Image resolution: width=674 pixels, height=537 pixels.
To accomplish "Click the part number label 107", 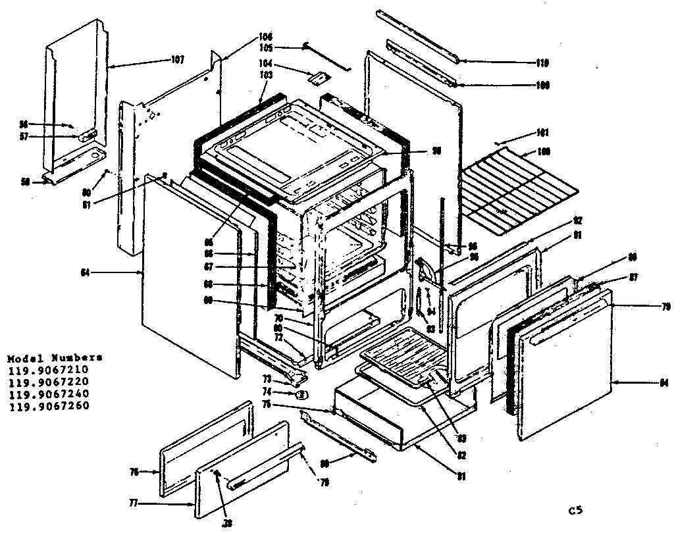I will (177, 60).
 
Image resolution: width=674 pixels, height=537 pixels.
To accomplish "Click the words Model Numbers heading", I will (55, 359).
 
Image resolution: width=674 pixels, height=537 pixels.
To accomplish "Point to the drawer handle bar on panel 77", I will (242, 484).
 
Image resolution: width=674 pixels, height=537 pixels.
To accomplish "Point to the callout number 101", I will (542, 132).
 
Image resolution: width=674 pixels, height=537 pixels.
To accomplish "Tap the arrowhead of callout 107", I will (110, 66).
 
